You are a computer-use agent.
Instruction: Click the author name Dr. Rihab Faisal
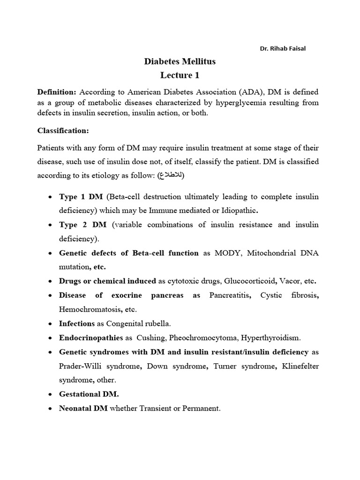(x=283, y=49)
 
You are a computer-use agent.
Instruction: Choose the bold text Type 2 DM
(x=82, y=225)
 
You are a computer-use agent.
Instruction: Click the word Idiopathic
(x=237, y=211)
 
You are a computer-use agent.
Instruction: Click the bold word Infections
(x=77, y=323)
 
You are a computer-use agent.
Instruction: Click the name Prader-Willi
(x=82, y=366)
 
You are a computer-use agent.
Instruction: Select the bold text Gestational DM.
(x=89, y=394)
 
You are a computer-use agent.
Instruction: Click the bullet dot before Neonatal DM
(x=50, y=409)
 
